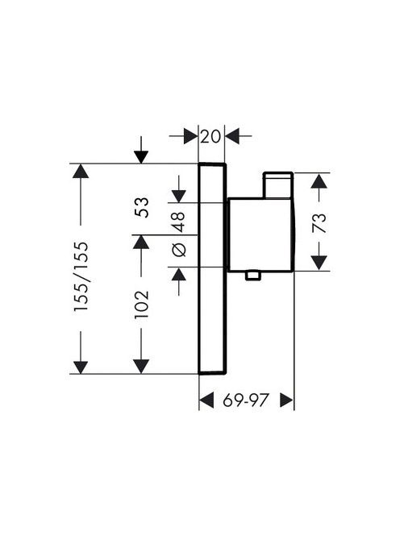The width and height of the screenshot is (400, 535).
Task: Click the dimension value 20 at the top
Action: tap(210, 137)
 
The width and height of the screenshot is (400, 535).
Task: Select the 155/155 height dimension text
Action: tap(81, 276)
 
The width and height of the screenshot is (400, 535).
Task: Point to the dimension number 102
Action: tap(142, 305)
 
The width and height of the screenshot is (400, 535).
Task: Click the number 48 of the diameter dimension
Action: tap(178, 222)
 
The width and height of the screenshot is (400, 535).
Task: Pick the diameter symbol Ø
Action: tap(179, 250)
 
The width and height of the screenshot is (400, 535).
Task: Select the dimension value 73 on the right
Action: tap(319, 223)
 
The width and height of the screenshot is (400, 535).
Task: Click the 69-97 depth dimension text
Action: tap(244, 400)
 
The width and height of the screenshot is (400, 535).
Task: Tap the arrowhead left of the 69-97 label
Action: tap(206, 400)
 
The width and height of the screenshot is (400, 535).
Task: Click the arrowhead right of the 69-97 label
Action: tap(286, 400)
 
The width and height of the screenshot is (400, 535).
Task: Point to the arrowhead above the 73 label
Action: tap(319, 180)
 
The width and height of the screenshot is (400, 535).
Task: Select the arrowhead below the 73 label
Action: tap(319, 263)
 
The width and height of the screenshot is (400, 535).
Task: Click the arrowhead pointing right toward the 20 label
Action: tap(190, 136)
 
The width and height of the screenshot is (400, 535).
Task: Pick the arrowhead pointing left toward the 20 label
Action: tap(232, 136)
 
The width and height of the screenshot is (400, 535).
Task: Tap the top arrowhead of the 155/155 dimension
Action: tap(81, 171)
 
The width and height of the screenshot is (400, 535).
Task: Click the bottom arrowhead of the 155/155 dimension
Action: tap(81, 367)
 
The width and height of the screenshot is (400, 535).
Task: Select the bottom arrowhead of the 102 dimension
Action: tap(141, 367)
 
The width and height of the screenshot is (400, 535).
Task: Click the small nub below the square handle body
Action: tap(253, 276)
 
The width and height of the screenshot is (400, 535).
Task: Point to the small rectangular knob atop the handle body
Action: tap(277, 185)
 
